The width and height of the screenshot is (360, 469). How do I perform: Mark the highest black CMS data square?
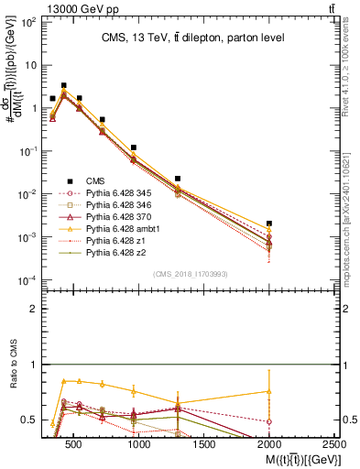63,85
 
